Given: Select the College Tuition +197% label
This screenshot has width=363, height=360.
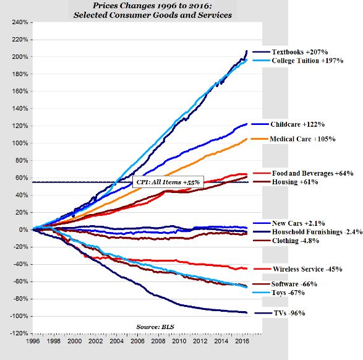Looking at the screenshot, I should [x=307, y=61].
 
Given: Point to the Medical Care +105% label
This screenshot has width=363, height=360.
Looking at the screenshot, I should [x=302, y=139].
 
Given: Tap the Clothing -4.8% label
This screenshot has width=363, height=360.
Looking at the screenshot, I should [x=295, y=240].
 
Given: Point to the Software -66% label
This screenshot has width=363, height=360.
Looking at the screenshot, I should [x=294, y=283].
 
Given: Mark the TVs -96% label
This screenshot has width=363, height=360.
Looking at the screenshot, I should [x=288, y=314].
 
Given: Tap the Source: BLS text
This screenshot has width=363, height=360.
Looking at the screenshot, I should [x=153, y=326].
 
